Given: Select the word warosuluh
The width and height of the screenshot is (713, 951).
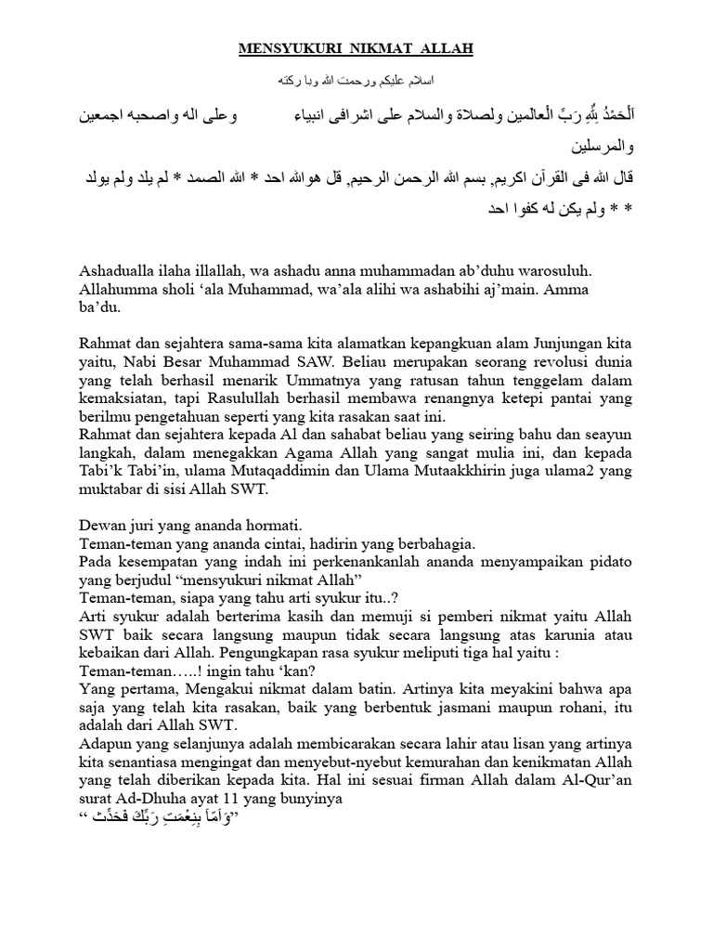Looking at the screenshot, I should pos(550,271).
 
